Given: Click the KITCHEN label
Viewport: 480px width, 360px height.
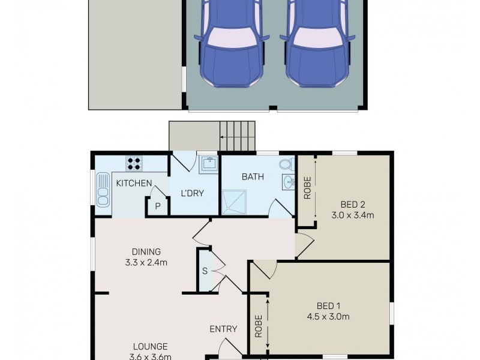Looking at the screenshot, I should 133,183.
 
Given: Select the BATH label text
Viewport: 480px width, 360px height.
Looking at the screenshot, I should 250,177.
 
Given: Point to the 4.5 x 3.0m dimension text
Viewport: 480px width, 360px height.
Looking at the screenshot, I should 328,317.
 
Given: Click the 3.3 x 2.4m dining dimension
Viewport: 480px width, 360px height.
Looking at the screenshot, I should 146,262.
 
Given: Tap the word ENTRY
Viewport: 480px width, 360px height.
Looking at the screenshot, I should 223,329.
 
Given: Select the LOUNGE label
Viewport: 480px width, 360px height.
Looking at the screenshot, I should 150,346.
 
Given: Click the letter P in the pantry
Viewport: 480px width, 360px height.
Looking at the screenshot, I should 158,206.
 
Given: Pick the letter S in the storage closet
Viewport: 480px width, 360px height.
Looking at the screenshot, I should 205,271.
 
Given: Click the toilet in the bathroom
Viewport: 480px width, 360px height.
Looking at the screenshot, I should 286,164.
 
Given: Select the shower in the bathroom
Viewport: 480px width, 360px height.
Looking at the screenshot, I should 234,201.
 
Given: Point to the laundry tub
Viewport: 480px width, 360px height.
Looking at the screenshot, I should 209,163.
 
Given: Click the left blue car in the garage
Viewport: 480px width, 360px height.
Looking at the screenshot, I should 230,45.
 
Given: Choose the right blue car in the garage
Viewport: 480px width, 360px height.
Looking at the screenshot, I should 318,45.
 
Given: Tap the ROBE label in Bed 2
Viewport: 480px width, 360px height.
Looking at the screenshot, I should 307,187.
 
